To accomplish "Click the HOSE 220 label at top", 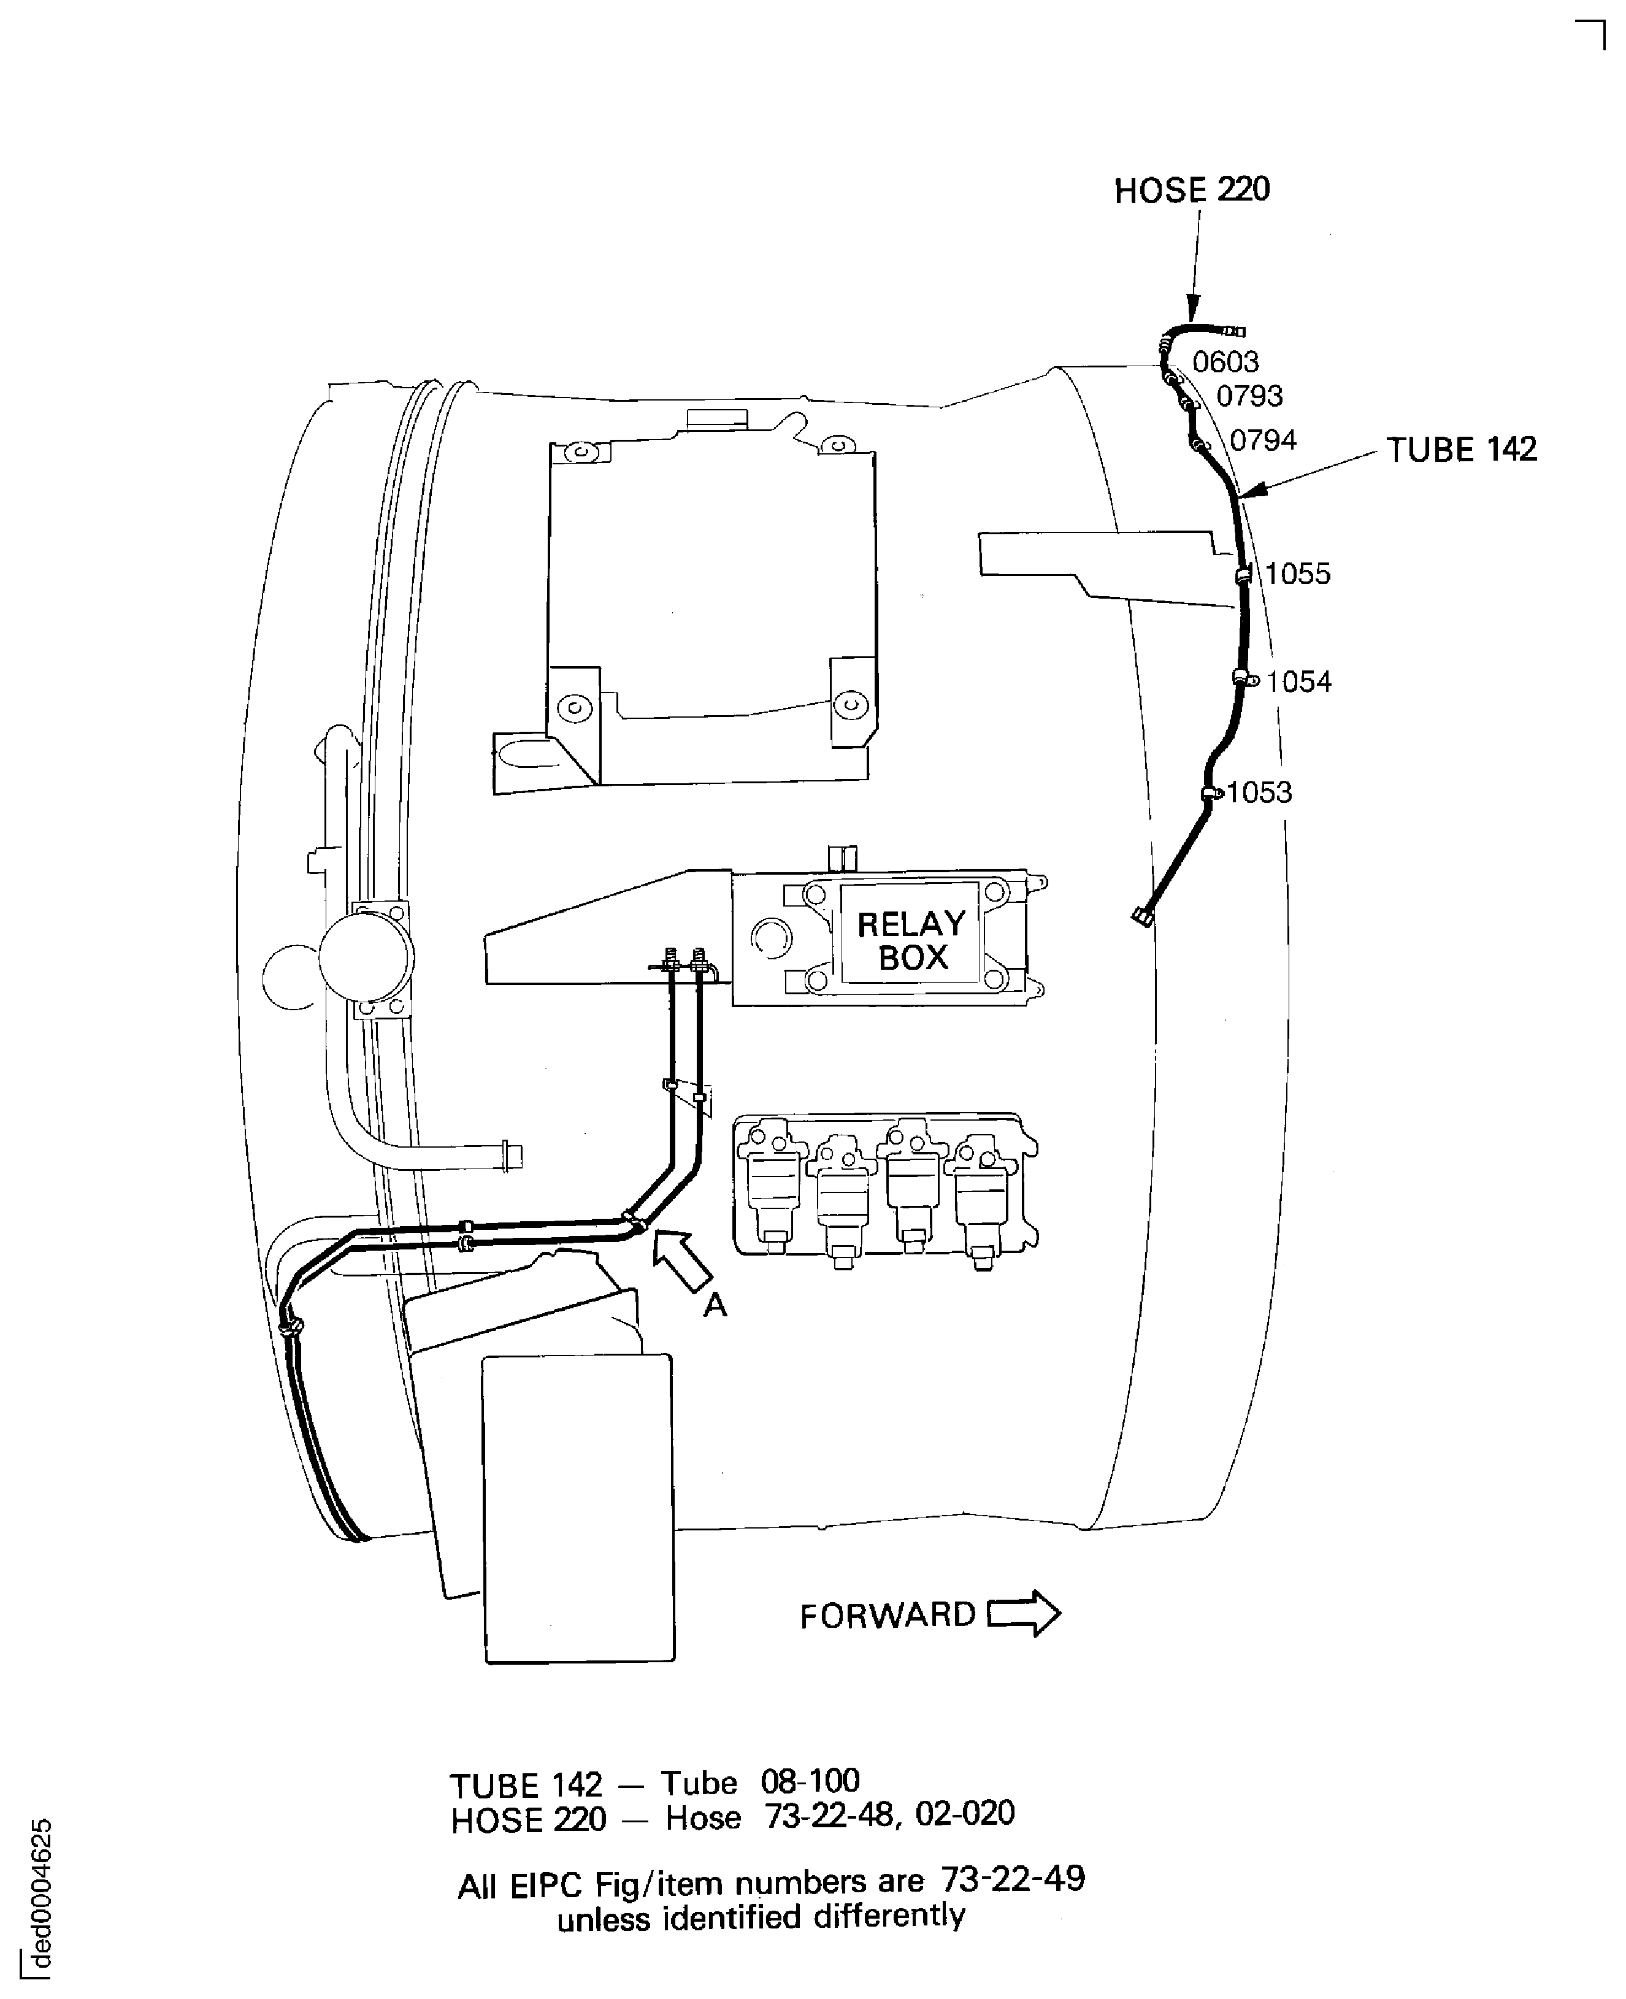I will (1191, 190).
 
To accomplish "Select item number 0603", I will (1225, 361).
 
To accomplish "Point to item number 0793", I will (1249, 396).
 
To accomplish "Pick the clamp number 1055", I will (1297, 574).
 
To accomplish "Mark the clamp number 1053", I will (1259, 792).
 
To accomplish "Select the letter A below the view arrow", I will (715, 1304).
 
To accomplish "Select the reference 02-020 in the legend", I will (965, 1814).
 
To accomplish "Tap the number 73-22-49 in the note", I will (1013, 1879).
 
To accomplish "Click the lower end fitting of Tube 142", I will (1142, 916).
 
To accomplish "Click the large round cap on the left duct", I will (366, 957).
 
